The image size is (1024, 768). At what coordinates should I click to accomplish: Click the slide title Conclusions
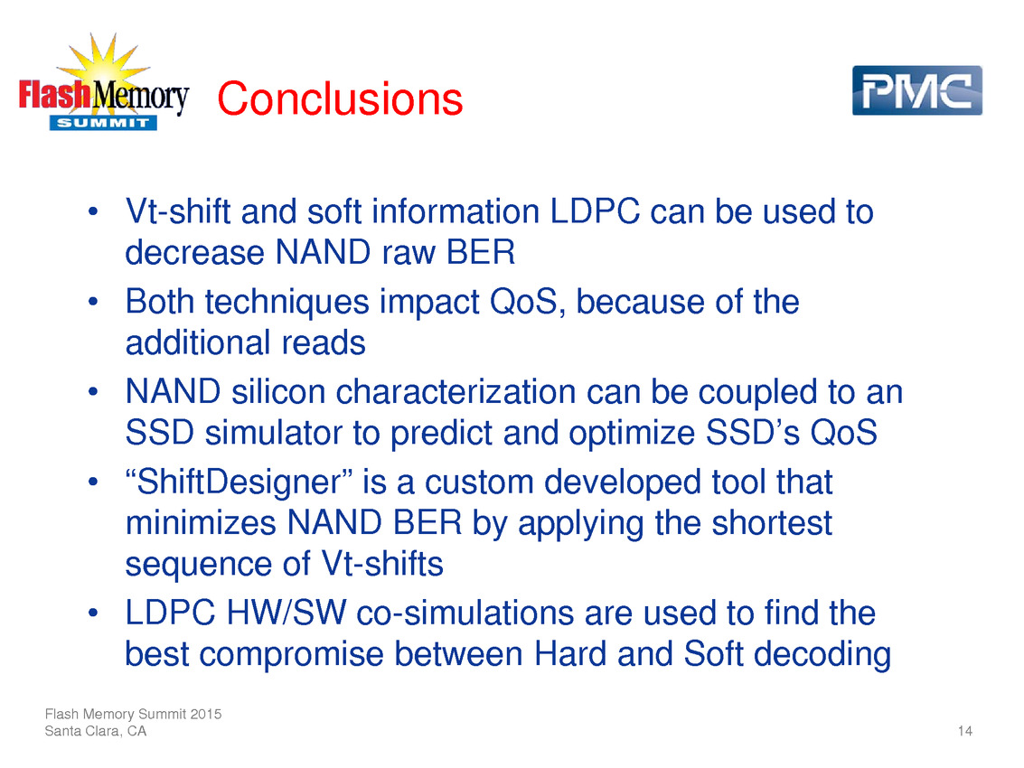[x=340, y=98]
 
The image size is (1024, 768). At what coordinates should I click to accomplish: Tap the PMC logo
[x=916, y=90]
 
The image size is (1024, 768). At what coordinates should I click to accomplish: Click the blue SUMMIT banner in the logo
[x=103, y=123]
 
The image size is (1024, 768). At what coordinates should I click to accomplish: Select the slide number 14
[x=965, y=731]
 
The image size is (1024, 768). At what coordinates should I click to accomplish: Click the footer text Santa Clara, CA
[x=95, y=731]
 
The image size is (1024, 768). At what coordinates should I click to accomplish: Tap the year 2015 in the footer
[x=206, y=714]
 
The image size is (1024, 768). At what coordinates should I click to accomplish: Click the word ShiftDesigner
[x=239, y=483]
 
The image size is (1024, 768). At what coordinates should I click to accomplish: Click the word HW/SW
[x=286, y=613]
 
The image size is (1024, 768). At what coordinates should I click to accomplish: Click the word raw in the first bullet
[x=409, y=254]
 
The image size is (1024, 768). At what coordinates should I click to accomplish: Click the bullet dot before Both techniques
[x=93, y=302]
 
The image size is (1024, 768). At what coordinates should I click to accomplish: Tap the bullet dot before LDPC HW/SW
[x=93, y=613]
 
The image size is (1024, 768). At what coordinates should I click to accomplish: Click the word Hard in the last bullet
[x=570, y=654]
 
